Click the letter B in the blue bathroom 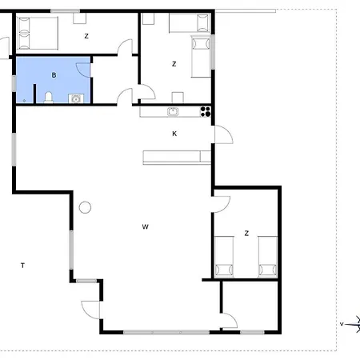click(x=54, y=75)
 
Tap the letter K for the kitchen click(x=174, y=134)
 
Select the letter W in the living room click(x=145, y=227)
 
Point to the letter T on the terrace click(x=22, y=266)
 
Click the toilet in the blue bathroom click(x=49, y=98)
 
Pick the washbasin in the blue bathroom click(x=76, y=98)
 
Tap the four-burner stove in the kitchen click(x=206, y=111)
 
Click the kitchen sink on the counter click(x=173, y=111)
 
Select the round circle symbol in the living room click(x=85, y=207)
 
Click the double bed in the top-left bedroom click(x=37, y=33)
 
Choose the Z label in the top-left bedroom click(x=86, y=36)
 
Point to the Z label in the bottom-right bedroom click(x=246, y=234)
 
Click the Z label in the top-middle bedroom click(x=174, y=64)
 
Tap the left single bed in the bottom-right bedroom click(x=224, y=257)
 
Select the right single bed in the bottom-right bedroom click(x=268, y=257)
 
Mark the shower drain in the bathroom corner click(x=24, y=101)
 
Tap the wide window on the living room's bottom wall click(x=166, y=332)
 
